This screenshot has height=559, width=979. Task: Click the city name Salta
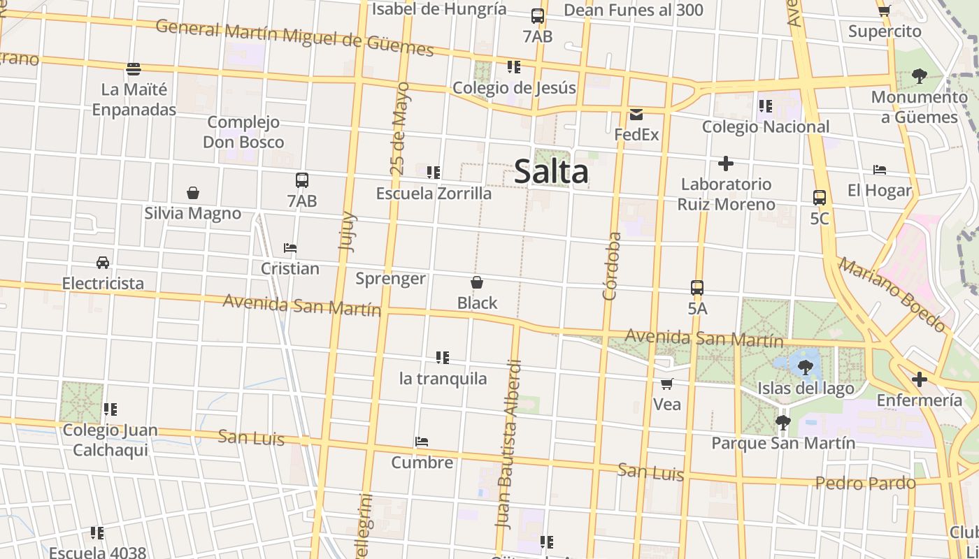pyautogui.click(x=551, y=172)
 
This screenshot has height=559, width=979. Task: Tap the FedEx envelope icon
pyautogui.click(x=636, y=115)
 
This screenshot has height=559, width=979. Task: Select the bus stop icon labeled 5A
pyautogui.click(x=697, y=287)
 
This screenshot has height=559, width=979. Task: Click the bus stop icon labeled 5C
pyautogui.click(x=820, y=198)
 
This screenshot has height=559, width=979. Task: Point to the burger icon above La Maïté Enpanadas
pyautogui.click(x=134, y=69)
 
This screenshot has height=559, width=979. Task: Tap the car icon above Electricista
pyautogui.click(x=103, y=263)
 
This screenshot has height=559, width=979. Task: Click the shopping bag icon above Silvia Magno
pyautogui.click(x=193, y=193)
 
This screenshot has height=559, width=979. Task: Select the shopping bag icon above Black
pyautogui.click(x=477, y=282)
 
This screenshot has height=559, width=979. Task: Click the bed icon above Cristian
pyautogui.click(x=290, y=248)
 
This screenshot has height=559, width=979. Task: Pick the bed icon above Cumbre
pyautogui.click(x=422, y=442)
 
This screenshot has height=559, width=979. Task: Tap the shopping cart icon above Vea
pyautogui.click(x=667, y=384)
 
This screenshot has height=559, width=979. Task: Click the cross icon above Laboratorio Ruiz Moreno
pyautogui.click(x=726, y=164)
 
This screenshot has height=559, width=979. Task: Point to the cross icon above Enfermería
pyautogui.click(x=920, y=379)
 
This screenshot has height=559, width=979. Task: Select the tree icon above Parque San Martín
pyautogui.click(x=783, y=422)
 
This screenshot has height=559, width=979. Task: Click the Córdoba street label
pyautogui.click(x=612, y=266)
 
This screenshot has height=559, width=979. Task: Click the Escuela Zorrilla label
pyautogui.click(x=434, y=194)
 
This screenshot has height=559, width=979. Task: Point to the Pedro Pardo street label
pyautogui.click(x=866, y=483)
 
